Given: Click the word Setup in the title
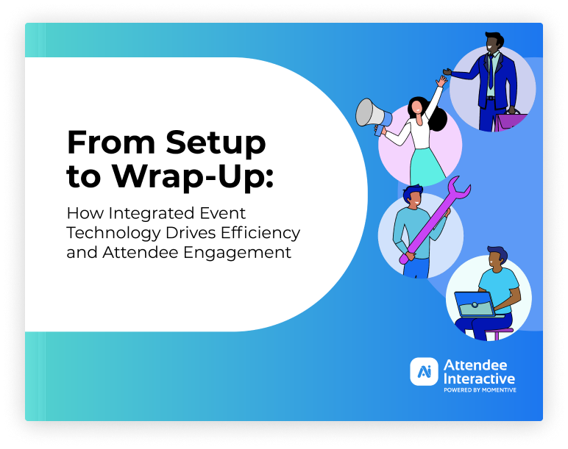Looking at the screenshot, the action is point(216,143).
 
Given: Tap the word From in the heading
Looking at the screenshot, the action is point(112,142).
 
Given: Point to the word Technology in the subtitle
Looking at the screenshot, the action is point(113,234).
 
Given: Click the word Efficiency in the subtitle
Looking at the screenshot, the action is point(260,234).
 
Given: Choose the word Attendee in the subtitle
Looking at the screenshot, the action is point(141,252).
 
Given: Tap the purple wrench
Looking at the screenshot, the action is point(436,220).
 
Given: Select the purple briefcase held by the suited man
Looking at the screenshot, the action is point(510,121).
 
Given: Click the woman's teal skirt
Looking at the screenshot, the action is point(427,165).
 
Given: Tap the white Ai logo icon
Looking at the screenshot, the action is point(424,372).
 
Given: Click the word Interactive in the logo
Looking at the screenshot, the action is point(479,378).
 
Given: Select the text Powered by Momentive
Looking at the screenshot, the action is point(480,390).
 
